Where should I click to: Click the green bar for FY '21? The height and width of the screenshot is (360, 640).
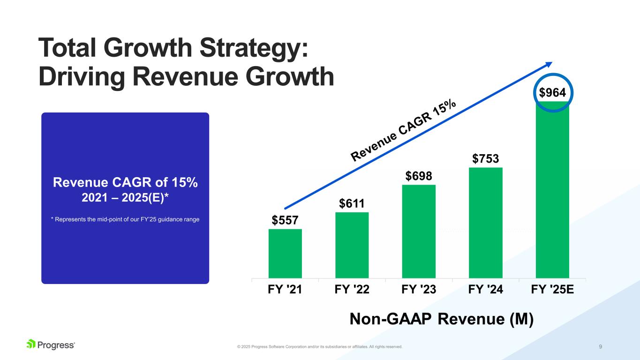coord(285,253)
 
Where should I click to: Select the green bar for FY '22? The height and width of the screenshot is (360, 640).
coord(352,245)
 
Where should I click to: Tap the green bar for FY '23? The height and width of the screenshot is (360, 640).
coord(419,231)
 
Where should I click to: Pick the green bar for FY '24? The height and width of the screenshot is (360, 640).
coord(485,222)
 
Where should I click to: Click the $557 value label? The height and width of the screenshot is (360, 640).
coord(285,220)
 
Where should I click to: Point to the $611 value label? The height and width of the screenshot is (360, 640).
coord(352,203)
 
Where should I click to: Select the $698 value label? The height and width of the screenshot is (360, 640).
coord(419,176)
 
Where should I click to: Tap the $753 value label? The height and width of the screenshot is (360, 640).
coord(485,159)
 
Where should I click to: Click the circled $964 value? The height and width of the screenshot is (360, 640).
coord(552,93)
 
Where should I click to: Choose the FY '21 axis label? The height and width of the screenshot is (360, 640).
coord(285,289)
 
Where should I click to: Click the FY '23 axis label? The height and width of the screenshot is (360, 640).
coord(419,289)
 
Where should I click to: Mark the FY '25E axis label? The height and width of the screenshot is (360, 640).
coord(552,289)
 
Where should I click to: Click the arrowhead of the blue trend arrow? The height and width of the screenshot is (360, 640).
coord(548,64)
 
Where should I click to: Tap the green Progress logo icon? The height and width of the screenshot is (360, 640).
coord(31,345)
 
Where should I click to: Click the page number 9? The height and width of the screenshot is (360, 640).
coord(601,347)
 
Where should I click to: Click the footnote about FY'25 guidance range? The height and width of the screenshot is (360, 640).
coord(125,219)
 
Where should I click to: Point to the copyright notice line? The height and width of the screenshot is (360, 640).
coord(320,347)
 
